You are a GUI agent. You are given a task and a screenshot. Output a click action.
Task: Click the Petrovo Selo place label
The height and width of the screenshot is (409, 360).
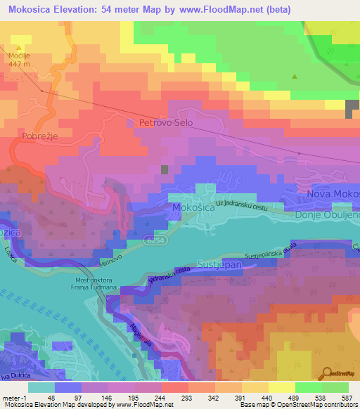166,122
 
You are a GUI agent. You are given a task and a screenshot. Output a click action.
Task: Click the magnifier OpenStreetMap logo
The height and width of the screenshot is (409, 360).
328,372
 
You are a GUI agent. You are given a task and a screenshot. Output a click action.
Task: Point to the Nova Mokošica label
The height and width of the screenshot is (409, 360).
332,192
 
